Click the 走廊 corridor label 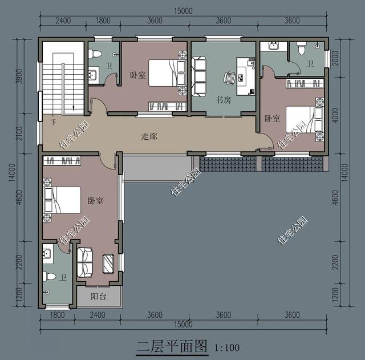pos(149,137)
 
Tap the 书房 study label pos(223,100)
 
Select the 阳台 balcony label pos(98,297)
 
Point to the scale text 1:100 pos(226,347)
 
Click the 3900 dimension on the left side pos(19,76)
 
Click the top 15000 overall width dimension pos(183,10)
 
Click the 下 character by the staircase pos(53,122)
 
